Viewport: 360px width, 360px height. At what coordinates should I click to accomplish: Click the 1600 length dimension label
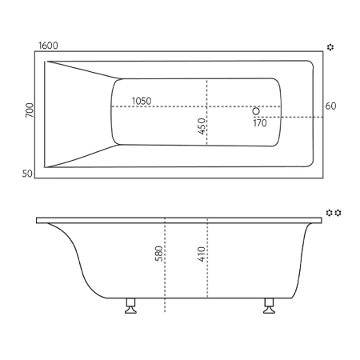point(47,47)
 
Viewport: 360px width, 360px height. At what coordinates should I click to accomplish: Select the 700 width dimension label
point(30,112)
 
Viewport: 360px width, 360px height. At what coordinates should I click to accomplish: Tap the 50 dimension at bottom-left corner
point(27,172)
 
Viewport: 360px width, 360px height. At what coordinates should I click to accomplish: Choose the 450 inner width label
point(201,126)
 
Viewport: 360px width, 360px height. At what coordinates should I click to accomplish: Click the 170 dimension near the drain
point(260,123)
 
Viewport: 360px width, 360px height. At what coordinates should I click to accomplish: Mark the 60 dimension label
point(330,106)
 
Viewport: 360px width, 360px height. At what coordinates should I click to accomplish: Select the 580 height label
point(159,254)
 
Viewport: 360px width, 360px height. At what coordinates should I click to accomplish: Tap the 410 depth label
point(202,254)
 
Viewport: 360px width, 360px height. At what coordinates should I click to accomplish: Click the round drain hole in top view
point(256,111)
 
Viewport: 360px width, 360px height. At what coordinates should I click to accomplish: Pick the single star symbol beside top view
point(330,48)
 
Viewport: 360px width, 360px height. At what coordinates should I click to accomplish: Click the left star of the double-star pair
point(329,213)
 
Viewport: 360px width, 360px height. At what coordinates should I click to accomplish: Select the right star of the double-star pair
point(339,213)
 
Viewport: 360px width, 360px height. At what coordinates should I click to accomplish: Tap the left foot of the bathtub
point(130,308)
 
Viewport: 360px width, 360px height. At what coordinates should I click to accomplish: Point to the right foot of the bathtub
point(268,308)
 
